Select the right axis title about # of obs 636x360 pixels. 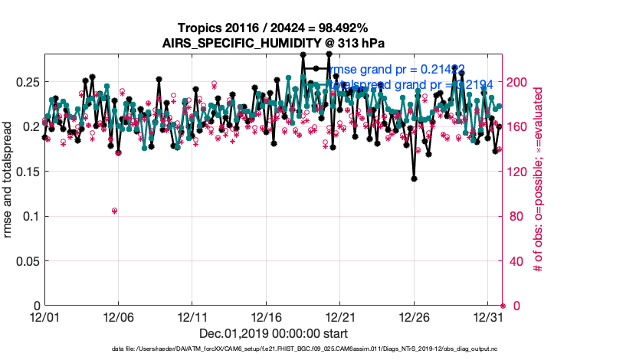click(x=539, y=179)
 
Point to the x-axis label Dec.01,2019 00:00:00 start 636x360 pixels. click(x=274, y=333)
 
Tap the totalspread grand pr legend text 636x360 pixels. click(x=410, y=84)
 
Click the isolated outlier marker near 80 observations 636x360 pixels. click(x=114, y=211)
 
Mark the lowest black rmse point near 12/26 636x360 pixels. click(x=414, y=178)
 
